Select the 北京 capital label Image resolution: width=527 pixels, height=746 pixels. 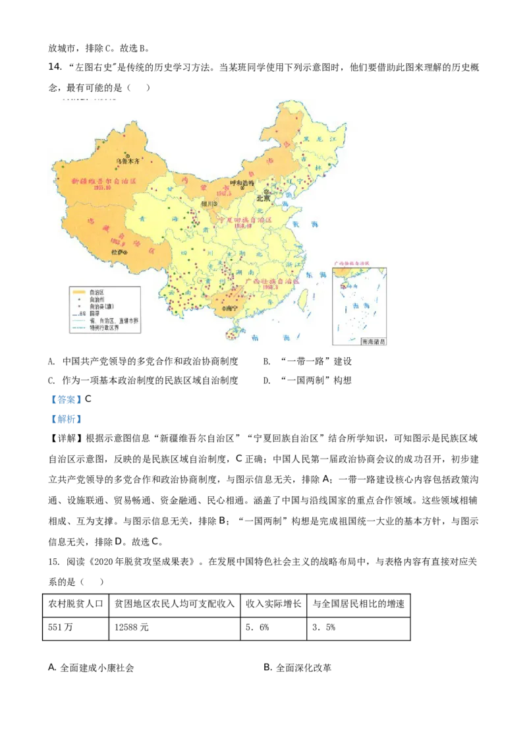click(263, 198)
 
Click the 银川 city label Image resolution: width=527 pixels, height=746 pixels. click(207, 204)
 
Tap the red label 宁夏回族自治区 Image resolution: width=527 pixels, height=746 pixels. click(244, 219)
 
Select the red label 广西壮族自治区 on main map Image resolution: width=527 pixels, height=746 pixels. click(272, 281)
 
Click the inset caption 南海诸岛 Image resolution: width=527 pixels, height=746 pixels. click(374, 342)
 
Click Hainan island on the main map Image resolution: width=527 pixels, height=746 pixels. click(231, 335)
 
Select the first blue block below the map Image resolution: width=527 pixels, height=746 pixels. click(66, 399)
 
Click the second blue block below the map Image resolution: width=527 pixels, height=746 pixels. click(66, 419)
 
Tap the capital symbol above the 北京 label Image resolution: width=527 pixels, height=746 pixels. click(267, 191)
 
